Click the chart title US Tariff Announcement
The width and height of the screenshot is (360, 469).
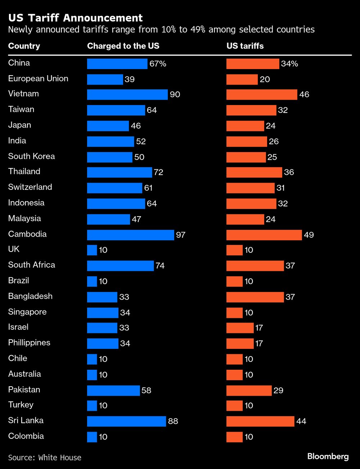[75, 18]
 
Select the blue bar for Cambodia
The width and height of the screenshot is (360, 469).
[130, 235]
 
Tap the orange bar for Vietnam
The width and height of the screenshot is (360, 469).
[262, 95]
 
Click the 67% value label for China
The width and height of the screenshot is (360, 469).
[158, 64]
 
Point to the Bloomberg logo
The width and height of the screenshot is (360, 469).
[328, 456]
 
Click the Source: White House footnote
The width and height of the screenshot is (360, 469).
[45, 457]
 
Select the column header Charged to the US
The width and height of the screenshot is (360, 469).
[123, 46]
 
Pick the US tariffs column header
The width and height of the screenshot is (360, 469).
[245, 46]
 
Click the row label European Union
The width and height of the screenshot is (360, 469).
[38, 79]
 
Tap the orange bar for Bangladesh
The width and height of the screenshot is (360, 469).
[255, 297]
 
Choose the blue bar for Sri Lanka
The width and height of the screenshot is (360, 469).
[126, 421]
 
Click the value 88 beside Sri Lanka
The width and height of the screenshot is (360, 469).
[173, 421]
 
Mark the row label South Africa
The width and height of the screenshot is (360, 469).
[32, 265]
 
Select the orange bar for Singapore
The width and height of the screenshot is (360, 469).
[234, 313]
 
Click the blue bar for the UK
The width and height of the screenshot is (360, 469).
[92, 250]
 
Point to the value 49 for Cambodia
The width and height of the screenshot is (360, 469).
[309, 235]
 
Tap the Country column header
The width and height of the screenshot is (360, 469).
[24, 46]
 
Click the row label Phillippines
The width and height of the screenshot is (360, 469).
[29, 343]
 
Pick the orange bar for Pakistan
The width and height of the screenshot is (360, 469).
[249, 391]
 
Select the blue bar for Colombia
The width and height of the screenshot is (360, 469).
[92, 437]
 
